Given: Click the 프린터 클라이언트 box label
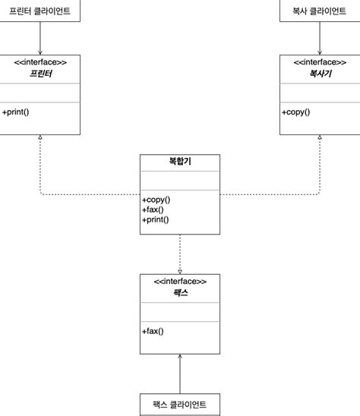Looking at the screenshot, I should pos(39,11).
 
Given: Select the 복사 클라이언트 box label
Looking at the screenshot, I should pos(319,11).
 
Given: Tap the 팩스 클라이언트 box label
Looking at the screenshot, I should pos(180,405).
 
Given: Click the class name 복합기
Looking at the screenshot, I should pos(180,162).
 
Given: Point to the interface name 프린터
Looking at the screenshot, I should pos(40,74).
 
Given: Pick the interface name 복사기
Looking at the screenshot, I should pos(319,74).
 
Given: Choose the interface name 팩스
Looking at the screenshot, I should pos(180,294).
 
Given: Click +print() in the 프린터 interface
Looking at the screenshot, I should pos(16,112).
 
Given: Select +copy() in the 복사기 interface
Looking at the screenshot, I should pos(296,112).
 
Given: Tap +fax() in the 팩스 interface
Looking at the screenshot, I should pos(153,331).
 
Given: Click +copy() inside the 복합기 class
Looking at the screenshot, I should pos(156,200).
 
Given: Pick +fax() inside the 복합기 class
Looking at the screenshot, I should pos(153,210).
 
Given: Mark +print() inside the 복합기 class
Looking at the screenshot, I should pos(155,219).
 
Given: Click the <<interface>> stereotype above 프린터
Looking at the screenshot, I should pos(40,62).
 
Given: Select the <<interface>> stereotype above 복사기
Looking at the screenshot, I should pos(319,62).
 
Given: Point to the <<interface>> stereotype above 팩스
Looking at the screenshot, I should pos(180,282).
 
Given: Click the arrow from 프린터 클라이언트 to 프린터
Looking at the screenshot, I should pos(40,38).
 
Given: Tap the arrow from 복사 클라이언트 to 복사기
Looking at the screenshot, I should pos(319,38).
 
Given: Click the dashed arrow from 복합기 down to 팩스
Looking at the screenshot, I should pos(180,254).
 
